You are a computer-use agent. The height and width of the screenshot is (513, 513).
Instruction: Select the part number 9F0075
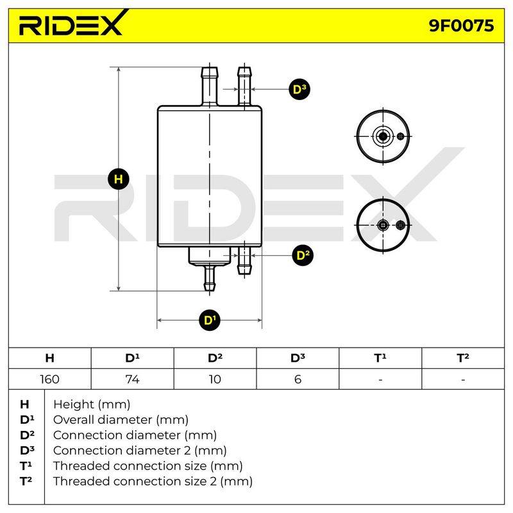(461, 26)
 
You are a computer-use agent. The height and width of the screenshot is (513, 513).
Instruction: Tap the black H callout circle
(119, 179)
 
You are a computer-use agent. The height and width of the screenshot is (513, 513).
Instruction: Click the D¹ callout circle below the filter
(210, 319)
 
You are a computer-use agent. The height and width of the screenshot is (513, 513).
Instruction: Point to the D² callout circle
(303, 255)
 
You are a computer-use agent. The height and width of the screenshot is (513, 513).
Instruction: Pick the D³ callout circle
(299, 89)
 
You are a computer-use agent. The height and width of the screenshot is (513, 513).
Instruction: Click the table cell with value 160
(50, 379)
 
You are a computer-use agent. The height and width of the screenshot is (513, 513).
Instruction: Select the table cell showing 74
(133, 379)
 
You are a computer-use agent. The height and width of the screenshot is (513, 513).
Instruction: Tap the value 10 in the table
(215, 379)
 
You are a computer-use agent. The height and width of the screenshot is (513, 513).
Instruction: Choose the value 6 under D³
(298, 379)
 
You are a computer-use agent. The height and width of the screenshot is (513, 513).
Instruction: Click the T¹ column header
(380, 358)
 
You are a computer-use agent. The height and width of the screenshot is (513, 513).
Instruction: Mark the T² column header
(463, 358)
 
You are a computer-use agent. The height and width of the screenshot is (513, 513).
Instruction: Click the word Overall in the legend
(74, 420)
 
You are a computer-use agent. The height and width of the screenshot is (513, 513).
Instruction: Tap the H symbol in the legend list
(24, 405)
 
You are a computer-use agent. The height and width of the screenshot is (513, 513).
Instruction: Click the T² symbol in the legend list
(26, 482)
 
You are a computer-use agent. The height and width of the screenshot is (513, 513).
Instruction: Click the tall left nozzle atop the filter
(210, 87)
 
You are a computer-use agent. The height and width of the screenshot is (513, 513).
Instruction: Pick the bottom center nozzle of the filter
(210, 278)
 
